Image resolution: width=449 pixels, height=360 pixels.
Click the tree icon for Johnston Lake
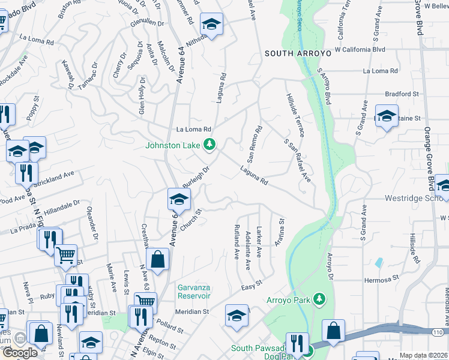(x=209, y=145)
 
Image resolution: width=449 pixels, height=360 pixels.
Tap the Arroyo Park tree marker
(x=319, y=299)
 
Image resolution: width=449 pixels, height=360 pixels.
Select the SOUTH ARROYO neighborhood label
(x=298, y=53)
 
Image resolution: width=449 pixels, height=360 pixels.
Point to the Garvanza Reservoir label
(x=194, y=291)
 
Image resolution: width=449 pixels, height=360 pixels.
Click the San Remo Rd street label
(x=255, y=145)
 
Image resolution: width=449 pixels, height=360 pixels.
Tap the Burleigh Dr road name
(x=196, y=176)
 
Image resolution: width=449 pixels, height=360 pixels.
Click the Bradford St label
(x=402, y=94)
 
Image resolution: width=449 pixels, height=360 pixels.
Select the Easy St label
(x=253, y=286)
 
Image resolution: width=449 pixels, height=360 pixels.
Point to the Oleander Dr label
(x=92, y=222)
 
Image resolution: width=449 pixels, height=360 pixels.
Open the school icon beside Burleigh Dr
(x=179, y=199)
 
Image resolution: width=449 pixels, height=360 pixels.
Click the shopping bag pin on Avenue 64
(x=157, y=260)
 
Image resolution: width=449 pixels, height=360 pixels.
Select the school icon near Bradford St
(x=387, y=116)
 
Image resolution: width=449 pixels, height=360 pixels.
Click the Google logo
(x=20, y=353)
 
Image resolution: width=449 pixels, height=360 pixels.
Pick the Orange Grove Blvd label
(x=428, y=143)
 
